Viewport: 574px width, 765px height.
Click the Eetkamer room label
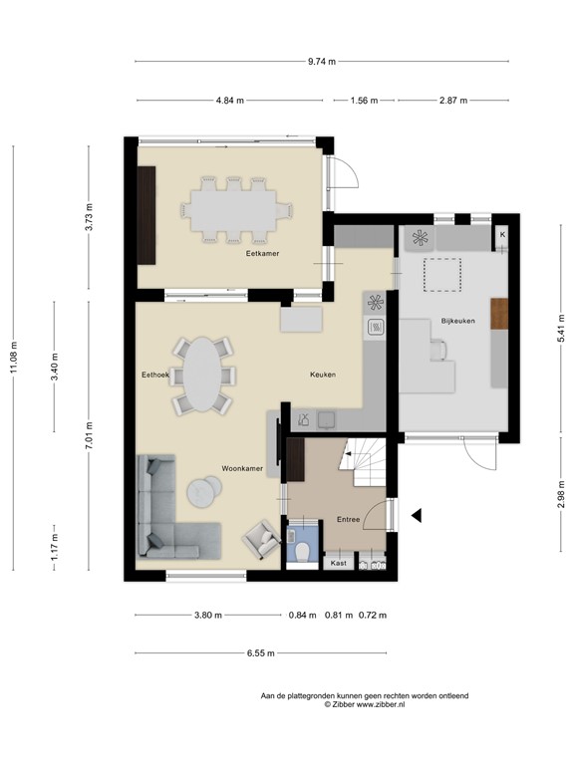point(263,254)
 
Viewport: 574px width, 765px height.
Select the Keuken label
point(323,375)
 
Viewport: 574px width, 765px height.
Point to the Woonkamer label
point(242,466)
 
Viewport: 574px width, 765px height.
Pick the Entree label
point(348,519)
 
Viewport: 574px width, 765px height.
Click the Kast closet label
point(338,564)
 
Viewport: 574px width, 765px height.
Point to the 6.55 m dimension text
point(260,653)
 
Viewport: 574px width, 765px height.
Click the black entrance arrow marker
point(418,515)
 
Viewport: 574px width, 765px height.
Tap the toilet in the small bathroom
point(303,552)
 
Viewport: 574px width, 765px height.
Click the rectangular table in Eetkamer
point(237,209)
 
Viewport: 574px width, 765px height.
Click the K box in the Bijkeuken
point(502,234)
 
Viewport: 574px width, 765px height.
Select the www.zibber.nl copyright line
point(364,704)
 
